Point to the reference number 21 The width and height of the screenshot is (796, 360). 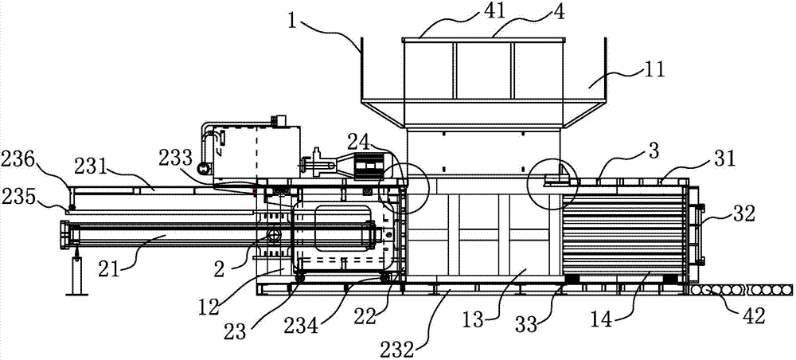pos(122,271)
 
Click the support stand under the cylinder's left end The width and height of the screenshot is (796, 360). pos(76,273)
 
